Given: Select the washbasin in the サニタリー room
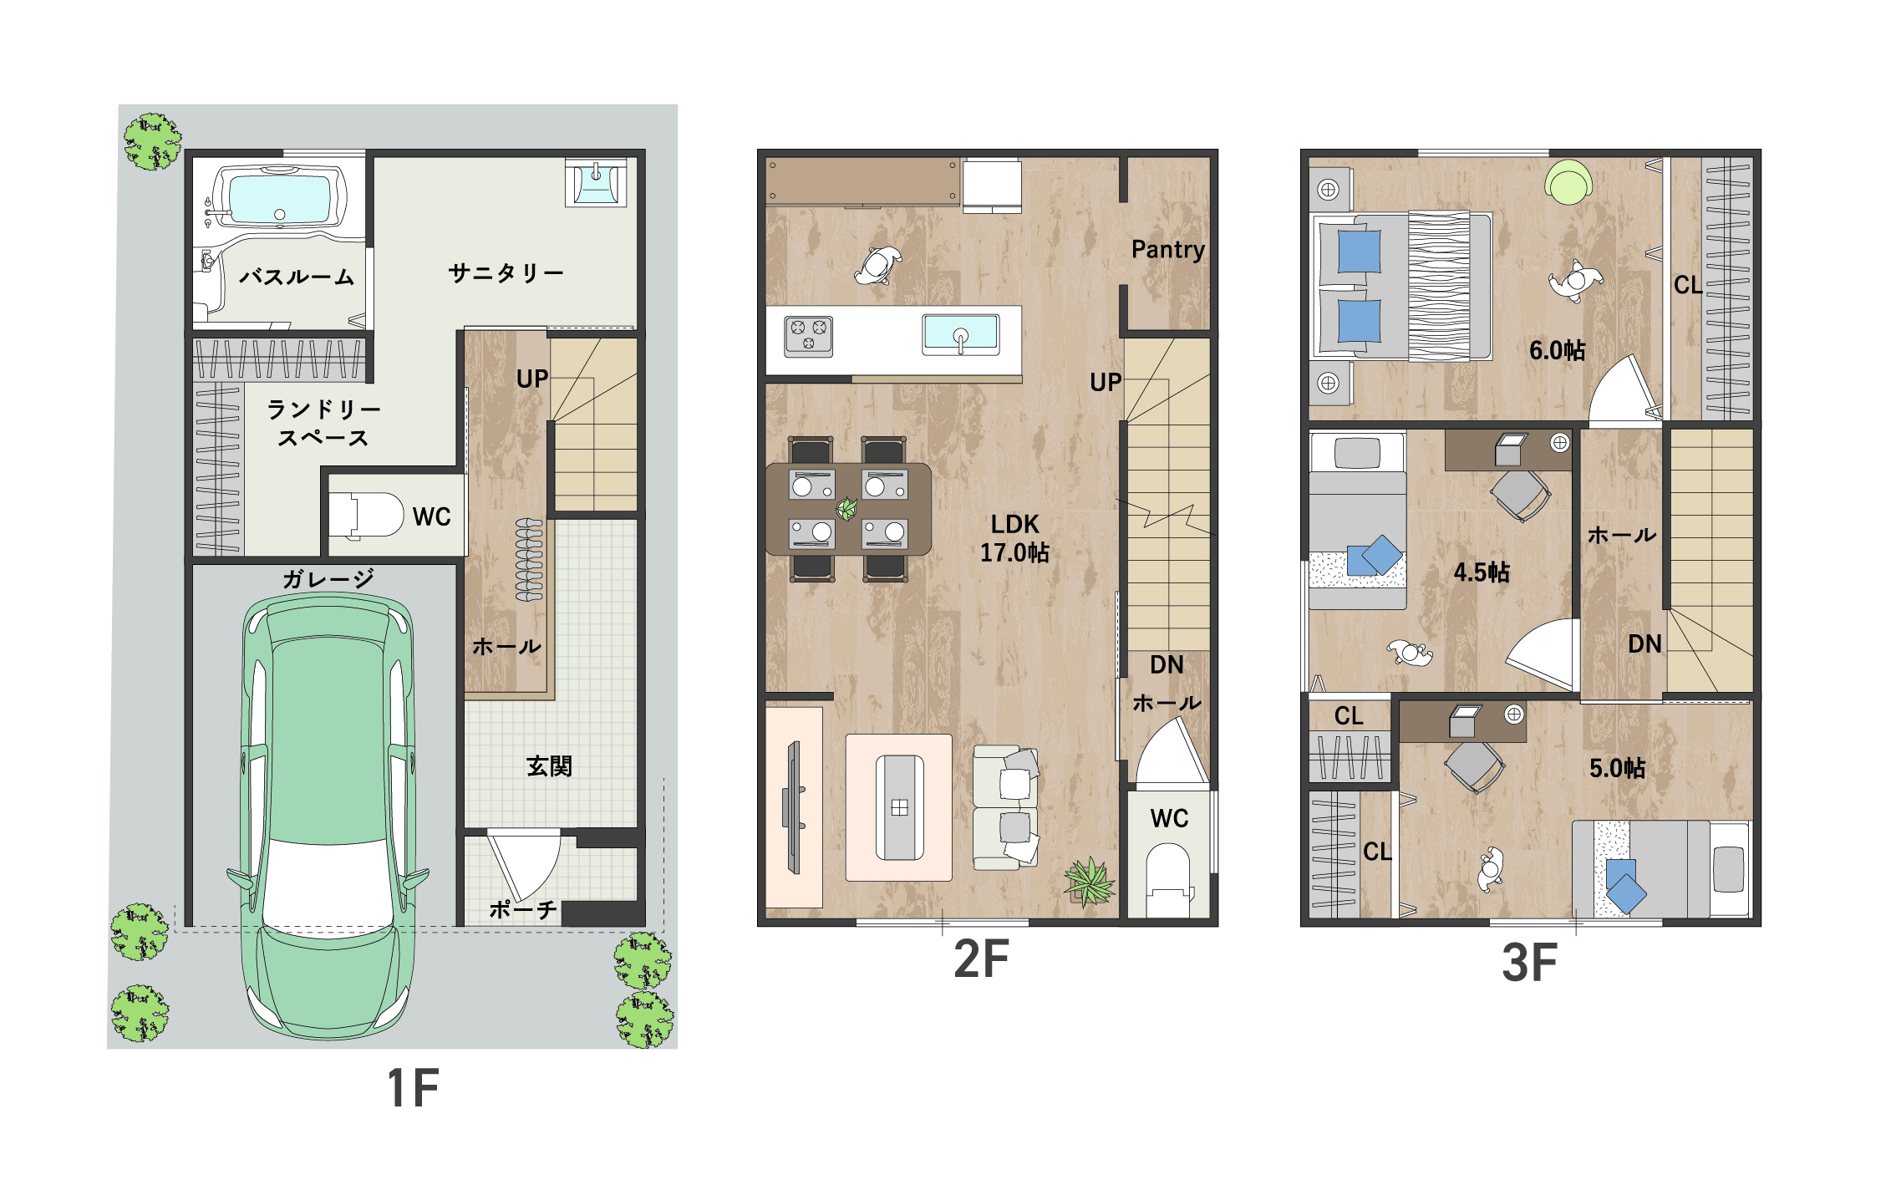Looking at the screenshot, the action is click(596, 182).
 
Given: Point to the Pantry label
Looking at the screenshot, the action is click(1168, 250).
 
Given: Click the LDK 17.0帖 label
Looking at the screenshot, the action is click(1014, 538).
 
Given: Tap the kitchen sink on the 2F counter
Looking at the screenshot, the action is click(960, 334).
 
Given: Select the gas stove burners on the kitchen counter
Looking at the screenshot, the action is click(808, 336).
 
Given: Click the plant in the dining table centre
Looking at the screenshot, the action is click(846, 508).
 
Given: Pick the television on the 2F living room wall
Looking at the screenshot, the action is click(793, 807).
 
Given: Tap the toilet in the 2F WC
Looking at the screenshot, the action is click(1167, 880).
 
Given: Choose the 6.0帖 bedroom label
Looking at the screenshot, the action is click(1557, 350).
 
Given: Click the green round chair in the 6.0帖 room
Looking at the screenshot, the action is click(1568, 182).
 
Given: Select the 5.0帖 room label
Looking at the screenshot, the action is click(1617, 768).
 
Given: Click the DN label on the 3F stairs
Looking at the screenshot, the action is click(1644, 644).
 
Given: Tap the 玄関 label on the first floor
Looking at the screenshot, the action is click(549, 766).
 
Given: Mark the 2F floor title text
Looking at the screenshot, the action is click(982, 959).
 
